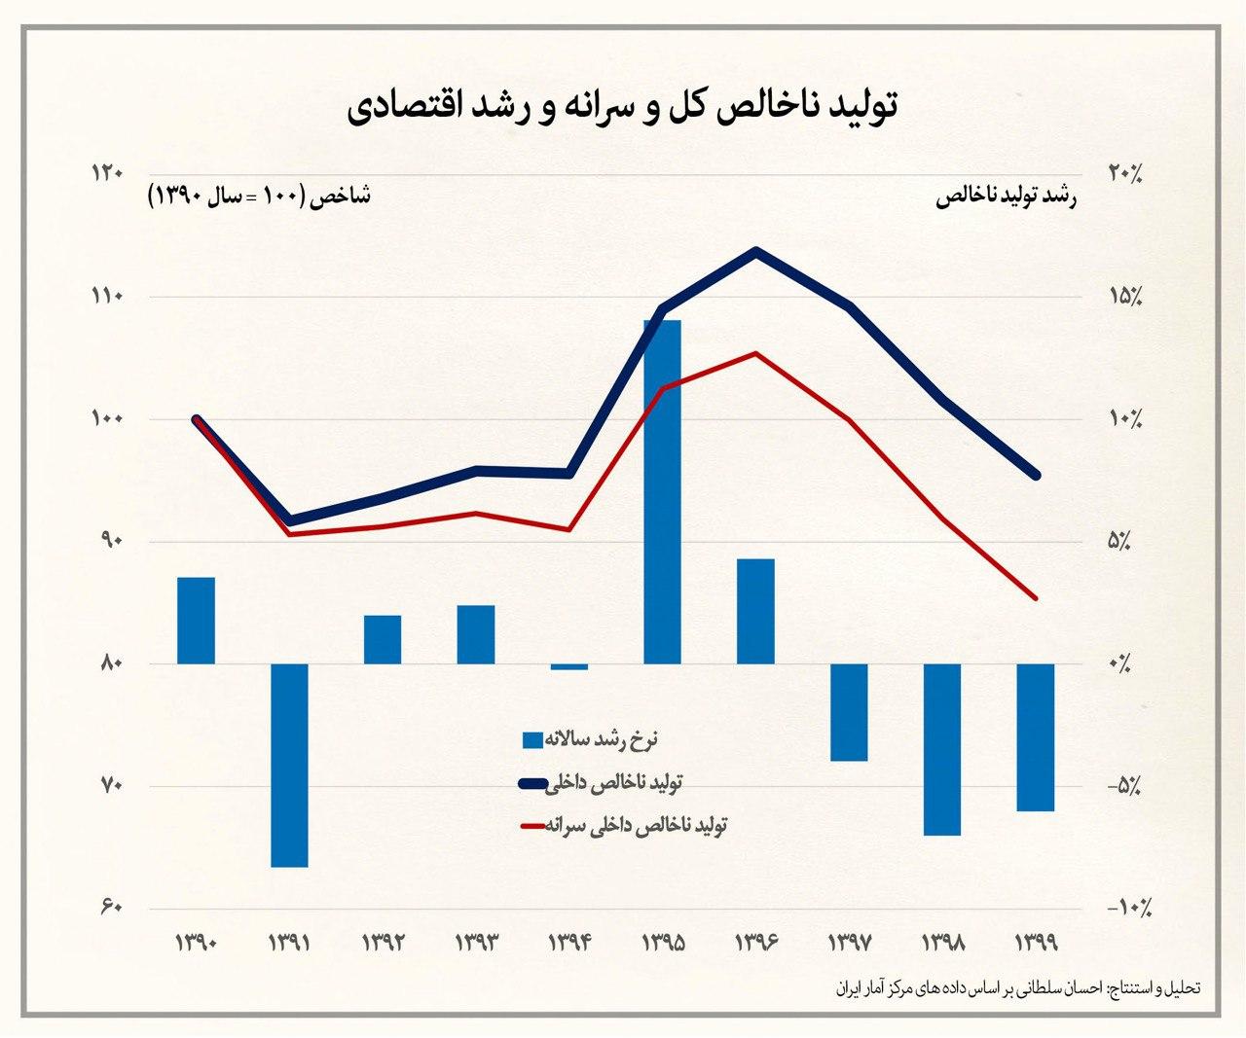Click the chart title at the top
623,107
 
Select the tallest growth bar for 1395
662,491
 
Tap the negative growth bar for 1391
289,765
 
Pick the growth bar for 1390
196,621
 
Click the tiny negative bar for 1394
569,666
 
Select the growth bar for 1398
942,749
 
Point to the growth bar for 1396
755,611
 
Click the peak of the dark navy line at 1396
756,252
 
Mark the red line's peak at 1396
756,353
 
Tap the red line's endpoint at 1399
1036,597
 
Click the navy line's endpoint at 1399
1036,475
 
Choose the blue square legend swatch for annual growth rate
532,740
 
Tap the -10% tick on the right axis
1129,909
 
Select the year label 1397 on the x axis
851,943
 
